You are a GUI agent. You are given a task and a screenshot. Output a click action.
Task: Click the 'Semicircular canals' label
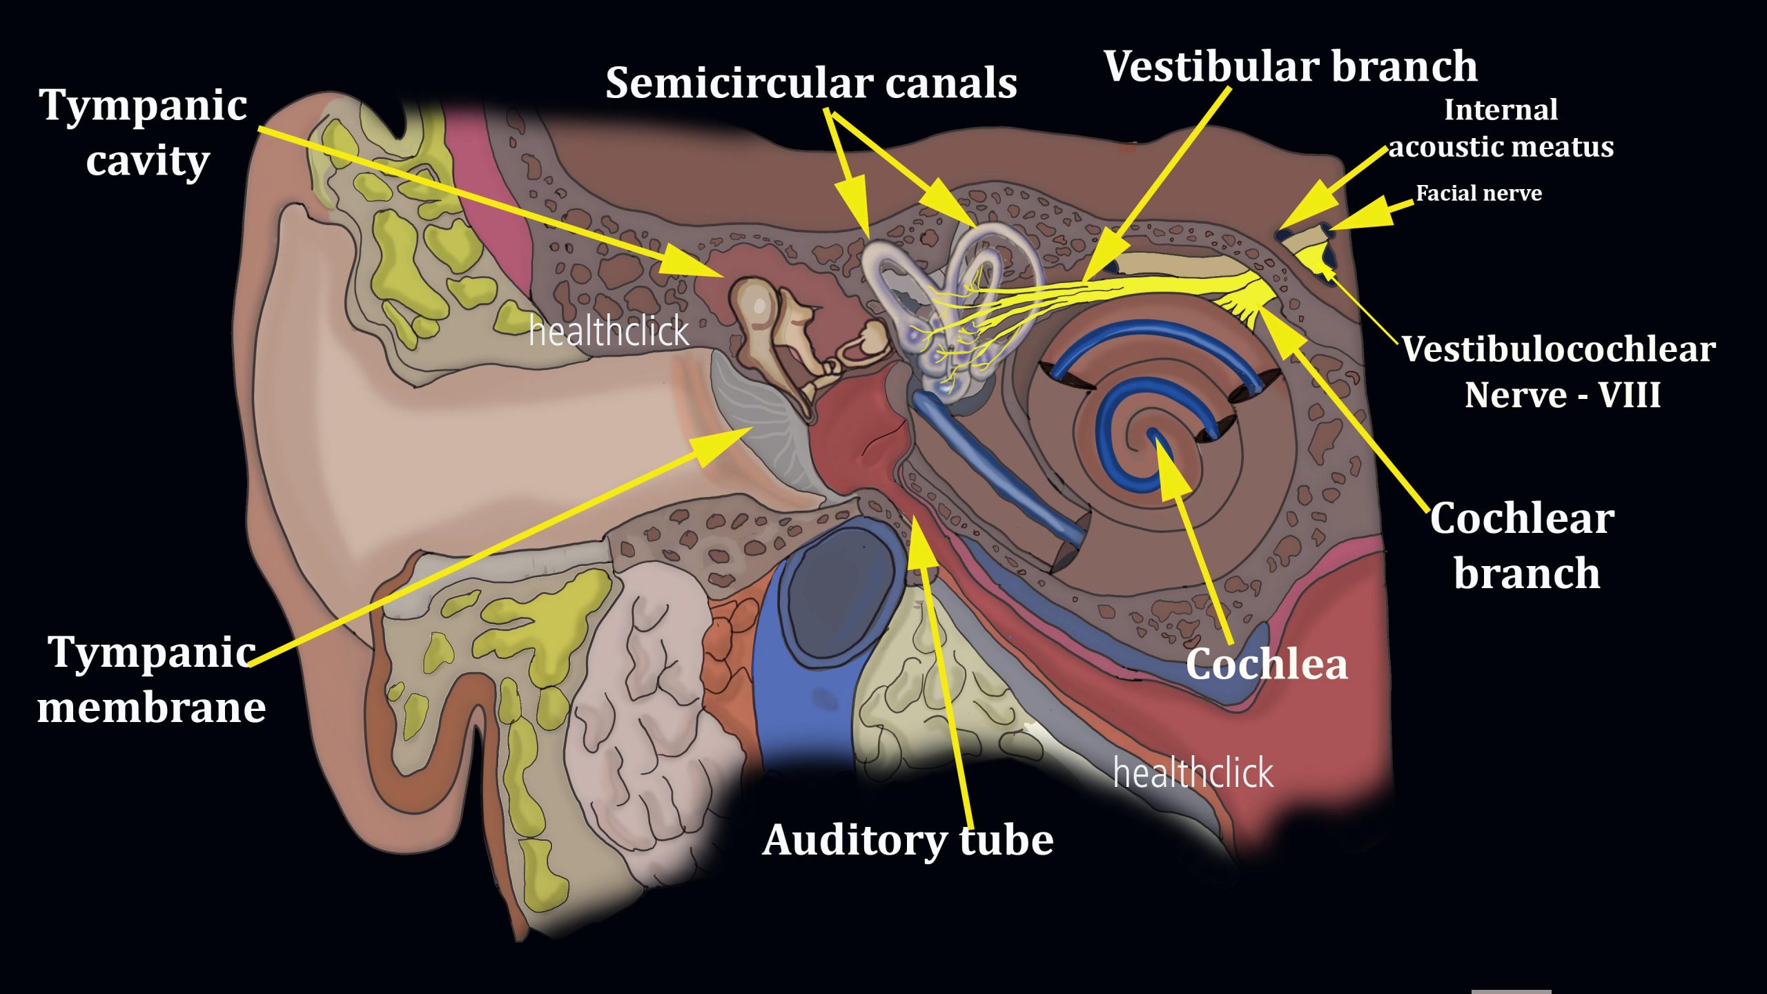pyautogui.click(x=811, y=84)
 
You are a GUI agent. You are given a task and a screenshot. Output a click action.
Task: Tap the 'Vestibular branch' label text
pyautogui.click(x=1290, y=66)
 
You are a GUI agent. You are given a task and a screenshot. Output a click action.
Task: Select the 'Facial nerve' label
pyautogui.click(x=1478, y=193)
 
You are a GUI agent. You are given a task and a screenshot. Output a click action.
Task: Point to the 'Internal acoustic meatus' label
pyautogui.click(x=1501, y=128)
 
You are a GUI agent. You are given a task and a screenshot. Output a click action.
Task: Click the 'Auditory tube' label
pyautogui.click(x=908, y=841)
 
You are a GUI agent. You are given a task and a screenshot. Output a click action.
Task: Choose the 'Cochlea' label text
pyautogui.click(x=1267, y=664)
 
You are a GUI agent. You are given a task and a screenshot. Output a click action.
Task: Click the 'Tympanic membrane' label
pyautogui.click(x=151, y=680)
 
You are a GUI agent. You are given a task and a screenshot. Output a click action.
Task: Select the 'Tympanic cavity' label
pyautogui.click(x=145, y=133)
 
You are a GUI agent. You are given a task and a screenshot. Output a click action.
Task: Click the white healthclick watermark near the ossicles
pyautogui.click(x=608, y=331)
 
